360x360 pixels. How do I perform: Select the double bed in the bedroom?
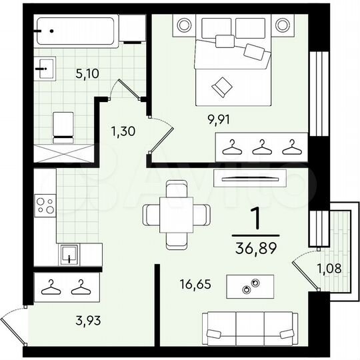pos(233,70)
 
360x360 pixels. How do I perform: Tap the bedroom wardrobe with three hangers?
pos(261,146)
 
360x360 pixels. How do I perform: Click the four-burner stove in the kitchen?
pos(45,205)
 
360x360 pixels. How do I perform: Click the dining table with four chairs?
pos(176,214)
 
